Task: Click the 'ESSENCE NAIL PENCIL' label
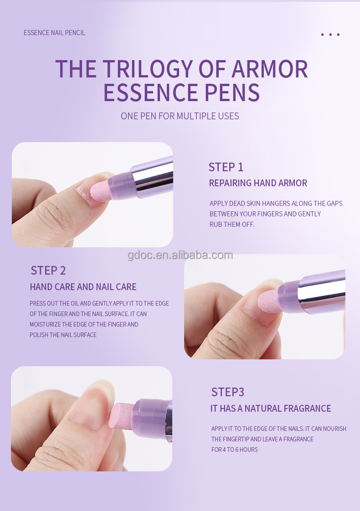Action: coord(54,33)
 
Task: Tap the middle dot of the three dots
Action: coord(330,35)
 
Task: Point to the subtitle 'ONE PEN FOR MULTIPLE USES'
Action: coord(180,116)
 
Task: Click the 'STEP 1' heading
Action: coord(226,167)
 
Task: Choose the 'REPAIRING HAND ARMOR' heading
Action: coord(258,183)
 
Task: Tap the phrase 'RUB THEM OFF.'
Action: coord(232,224)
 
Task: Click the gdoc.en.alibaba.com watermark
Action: coord(180,255)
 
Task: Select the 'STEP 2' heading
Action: coord(48,271)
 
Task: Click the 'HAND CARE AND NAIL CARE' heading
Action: coord(83,287)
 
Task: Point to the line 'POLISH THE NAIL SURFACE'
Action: coord(63,335)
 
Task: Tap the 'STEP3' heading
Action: coord(227,392)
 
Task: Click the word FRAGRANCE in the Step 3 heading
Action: coord(307,409)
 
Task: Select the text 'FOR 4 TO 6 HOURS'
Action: coord(234,450)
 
